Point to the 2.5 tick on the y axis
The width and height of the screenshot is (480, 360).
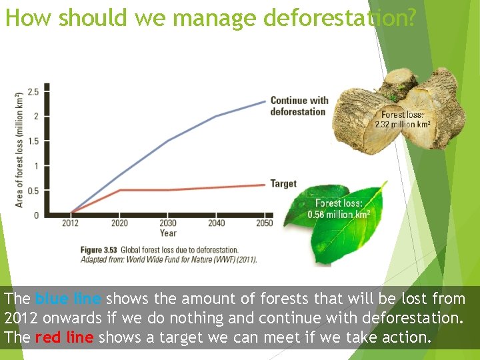(x=33, y=91)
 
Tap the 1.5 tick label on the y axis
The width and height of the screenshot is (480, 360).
(x=33, y=141)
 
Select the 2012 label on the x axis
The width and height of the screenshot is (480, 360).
(x=70, y=223)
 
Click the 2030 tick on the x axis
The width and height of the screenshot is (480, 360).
(x=168, y=223)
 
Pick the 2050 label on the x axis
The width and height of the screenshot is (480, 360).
(x=264, y=223)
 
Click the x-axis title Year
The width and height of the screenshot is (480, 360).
(x=168, y=233)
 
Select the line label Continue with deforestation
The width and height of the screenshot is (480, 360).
(x=299, y=106)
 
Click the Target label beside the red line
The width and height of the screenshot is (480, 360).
(x=283, y=183)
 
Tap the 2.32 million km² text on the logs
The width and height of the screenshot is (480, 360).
(x=402, y=124)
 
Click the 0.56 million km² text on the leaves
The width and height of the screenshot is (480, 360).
(x=339, y=215)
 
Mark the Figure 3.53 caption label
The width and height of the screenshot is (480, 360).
(x=99, y=250)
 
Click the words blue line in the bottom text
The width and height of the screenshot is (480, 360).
(x=69, y=298)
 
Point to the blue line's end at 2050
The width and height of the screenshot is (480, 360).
(x=264, y=101)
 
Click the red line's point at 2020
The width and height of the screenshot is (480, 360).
(x=119, y=190)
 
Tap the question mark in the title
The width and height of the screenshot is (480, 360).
(x=410, y=18)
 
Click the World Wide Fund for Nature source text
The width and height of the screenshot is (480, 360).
(x=187, y=259)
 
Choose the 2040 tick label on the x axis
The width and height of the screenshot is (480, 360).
(x=216, y=223)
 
